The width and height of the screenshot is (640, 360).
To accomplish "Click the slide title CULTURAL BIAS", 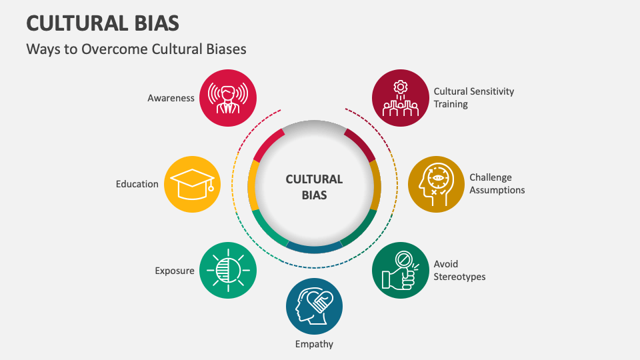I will (x=103, y=23).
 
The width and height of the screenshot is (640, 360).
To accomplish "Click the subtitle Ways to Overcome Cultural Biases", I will (x=136, y=49).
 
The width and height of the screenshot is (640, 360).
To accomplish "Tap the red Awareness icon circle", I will (x=228, y=98).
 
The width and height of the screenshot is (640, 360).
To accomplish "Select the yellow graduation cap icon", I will (x=191, y=184).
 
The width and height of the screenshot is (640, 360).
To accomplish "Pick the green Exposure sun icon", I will (x=228, y=270).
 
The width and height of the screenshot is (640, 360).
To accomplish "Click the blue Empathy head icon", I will (x=314, y=306).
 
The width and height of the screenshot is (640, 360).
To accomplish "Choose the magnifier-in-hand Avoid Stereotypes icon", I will (x=399, y=270).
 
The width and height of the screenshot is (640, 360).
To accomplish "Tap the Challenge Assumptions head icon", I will (x=436, y=184).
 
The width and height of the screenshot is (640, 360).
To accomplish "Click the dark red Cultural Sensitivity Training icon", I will (x=399, y=98).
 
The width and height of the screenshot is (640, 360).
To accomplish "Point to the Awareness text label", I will (x=171, y=98).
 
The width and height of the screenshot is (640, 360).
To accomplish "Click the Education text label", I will (x=137, y=184).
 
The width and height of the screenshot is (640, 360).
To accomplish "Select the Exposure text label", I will (x=175, y=271).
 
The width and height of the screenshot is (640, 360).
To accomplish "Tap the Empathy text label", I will (x=314, y=344).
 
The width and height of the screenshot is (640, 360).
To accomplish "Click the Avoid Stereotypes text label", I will (x=459, y=270).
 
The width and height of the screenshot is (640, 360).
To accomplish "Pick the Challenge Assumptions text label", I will (x=497, y=184).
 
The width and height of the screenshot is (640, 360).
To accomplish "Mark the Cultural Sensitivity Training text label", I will (x=473, y=98).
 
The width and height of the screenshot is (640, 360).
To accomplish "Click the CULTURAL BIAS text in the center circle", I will (x=314, y=187).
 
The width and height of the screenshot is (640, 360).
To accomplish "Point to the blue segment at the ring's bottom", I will (x=314, y=249).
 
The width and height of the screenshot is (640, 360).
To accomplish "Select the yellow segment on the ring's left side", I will (x=253, y=185).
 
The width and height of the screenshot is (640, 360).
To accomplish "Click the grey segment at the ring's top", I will (x=314, y=125).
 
